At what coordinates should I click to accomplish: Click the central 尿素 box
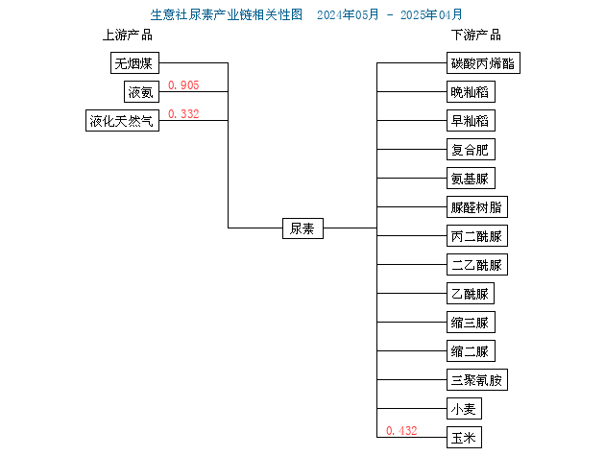pyautogui.click(x=302, y=228)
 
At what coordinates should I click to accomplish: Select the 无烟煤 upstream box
pyautogui.click(x=134, y=63)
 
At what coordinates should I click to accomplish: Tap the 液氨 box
pyautogui.click(x=141, y=92)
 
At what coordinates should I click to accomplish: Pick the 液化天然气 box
pyautogui.click(x=122, y=121)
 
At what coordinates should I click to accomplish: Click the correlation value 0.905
pyautogui.click(x=183, y=84)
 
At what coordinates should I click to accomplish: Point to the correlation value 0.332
pyautogui.click(x=183, y=114)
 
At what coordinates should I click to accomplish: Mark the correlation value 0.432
pyautogui.click(x=401, y=430)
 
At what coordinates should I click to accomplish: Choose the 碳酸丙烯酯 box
pyautogui.click(x=483, y=63)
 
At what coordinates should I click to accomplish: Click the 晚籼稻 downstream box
pyautogui.click(x=471, y=92)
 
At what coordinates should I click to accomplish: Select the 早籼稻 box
pyautogui.click(x=471, y=121)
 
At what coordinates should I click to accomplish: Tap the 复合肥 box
pyautogui.click(x=471, y=150)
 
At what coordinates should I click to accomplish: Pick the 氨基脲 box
pyautogui.click(x=471, y=179)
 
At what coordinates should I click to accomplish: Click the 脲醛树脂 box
pyautogui.click(x=477, y=207)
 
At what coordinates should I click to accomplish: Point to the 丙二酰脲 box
pyautogui.click(x=477, y=236)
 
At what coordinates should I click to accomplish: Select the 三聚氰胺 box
pyautogui.click(x=477, y=380)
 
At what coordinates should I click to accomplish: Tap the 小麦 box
pyautogui.click(x=464, y=409)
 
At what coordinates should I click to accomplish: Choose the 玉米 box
pyautogui.click(x=464, y=438)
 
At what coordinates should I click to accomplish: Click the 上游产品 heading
pyautogui.click(x=128, y=36)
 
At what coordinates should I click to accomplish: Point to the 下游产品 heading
pyautogui.click(x=476, y=36)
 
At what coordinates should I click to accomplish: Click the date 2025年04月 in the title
pyautogui.click(x=431, y=15)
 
